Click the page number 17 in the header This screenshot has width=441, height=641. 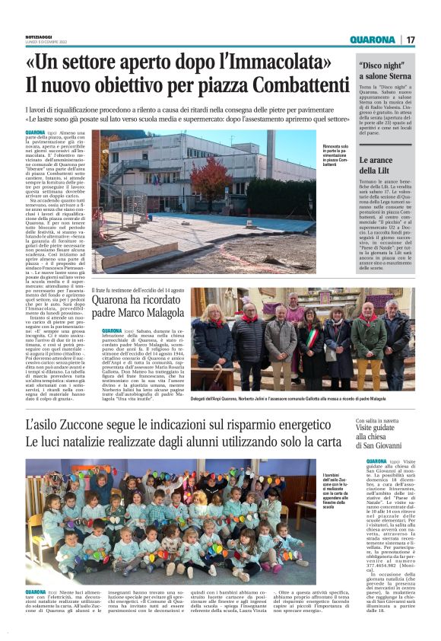411,40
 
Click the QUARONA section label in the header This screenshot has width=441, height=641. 373,40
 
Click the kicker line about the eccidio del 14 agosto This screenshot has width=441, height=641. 148,290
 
